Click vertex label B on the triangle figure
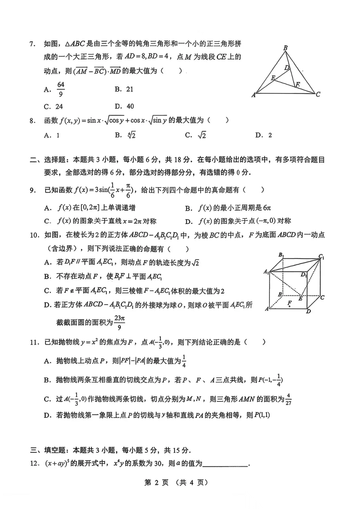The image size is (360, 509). [x=286, y=48]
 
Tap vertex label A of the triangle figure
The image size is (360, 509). [x=254, y=95]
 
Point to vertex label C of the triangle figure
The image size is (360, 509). [x=318, y=94]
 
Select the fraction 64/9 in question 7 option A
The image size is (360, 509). [x=61, y=89]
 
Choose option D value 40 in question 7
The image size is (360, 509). [x=130, y=106]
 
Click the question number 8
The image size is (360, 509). [x=32, y=121]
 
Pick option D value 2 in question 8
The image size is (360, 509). [x=270, y=135]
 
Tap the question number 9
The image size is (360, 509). [x=32, y=190]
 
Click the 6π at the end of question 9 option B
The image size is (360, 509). [x=267, y=208]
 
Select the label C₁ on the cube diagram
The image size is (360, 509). [x=321, y=257]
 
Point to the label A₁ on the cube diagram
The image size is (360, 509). [x=266, y=272]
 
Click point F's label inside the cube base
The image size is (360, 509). [x=289, y=303]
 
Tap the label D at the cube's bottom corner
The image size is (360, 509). [x=308, y=311]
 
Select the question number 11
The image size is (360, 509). [x=34, y=342]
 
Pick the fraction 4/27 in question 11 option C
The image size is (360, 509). [x=289, y=399]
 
